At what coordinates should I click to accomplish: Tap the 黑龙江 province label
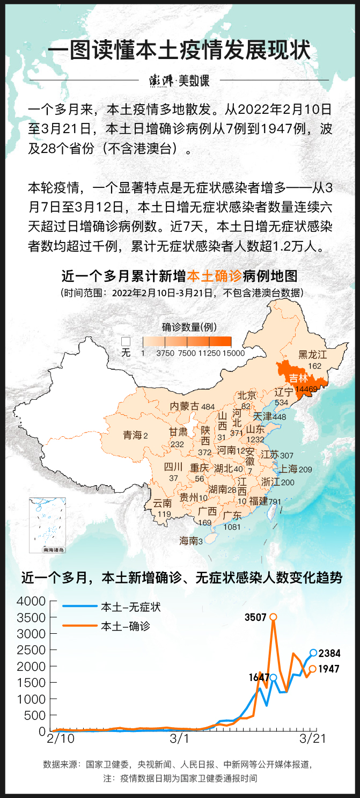[312, 354]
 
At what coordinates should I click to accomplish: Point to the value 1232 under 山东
[255, 440]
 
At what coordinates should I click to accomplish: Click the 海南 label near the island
[188, 541]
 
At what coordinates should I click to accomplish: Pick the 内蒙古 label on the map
[185, 406]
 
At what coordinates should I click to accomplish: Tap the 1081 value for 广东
[232, 527]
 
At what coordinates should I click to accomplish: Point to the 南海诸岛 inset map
[47, 525]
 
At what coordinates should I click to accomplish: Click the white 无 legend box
[126, 341]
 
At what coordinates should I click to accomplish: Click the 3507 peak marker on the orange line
[273, 617]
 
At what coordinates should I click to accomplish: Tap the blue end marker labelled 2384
[313, 653]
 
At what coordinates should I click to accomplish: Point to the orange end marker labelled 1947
[312, 669]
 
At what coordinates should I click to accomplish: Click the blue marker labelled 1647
[273, 677]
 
